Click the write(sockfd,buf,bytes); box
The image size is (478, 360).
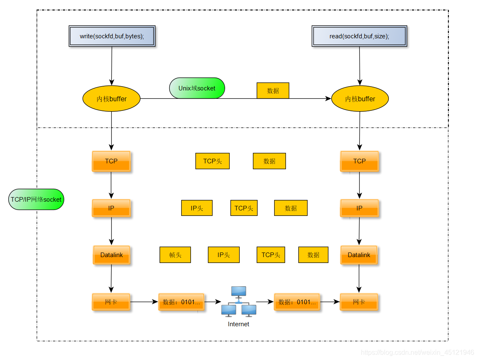[112, 36]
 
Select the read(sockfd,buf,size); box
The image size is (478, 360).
[359, 36]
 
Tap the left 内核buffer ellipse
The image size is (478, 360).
[111, 99]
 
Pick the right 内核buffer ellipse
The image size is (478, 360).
[360, 99]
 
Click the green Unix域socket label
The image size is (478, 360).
[197, 88]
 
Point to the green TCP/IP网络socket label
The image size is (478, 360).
[36, 200]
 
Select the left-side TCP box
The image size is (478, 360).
[111, 161]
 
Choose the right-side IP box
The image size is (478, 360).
[359, 208]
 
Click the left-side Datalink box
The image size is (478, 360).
[111, 255]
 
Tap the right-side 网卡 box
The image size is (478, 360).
[359, 302]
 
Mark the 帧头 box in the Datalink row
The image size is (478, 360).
[175, 255]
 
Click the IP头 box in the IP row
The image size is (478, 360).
[197, 208]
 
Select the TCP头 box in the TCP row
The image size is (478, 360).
[212, 161]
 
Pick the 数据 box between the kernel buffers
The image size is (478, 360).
[273, 90]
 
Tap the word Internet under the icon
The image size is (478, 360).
[238, 324]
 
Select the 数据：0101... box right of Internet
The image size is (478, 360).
[297, 302]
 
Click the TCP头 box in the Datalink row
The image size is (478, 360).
[270, 255]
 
